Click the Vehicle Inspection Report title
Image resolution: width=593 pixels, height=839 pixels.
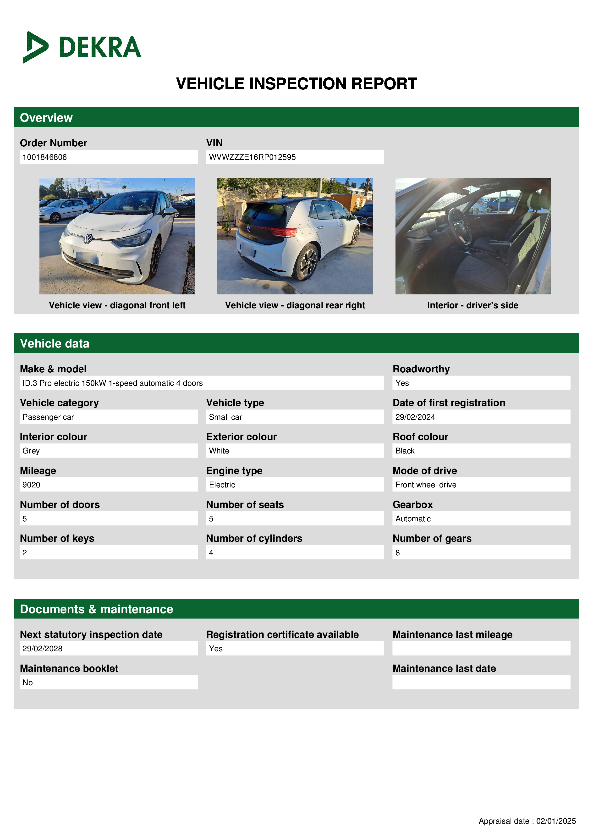(x=296, y=84)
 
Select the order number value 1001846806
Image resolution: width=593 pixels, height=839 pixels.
(x=44, y=157)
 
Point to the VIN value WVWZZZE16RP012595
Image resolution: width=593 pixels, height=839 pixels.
(x=252, y=157)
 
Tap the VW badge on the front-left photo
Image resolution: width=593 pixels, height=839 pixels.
(x=88, y=239)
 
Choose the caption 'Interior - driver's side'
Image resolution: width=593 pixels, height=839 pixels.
(x=472, y=305)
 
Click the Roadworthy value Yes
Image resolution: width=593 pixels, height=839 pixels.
(x=402, y=383)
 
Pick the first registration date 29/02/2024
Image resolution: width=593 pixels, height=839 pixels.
(x=415, y=417)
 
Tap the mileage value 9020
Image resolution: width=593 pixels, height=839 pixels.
(x=31, y=485)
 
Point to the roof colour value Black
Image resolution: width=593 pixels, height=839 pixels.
(x=405, y=451)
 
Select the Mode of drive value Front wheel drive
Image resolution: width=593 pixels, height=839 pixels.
(x=426, y=485)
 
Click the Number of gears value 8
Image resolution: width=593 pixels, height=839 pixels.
(x=398, y=552)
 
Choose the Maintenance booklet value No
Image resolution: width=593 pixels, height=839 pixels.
(x=28, y=682)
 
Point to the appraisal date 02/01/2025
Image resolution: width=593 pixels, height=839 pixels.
(x=556, y=821)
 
